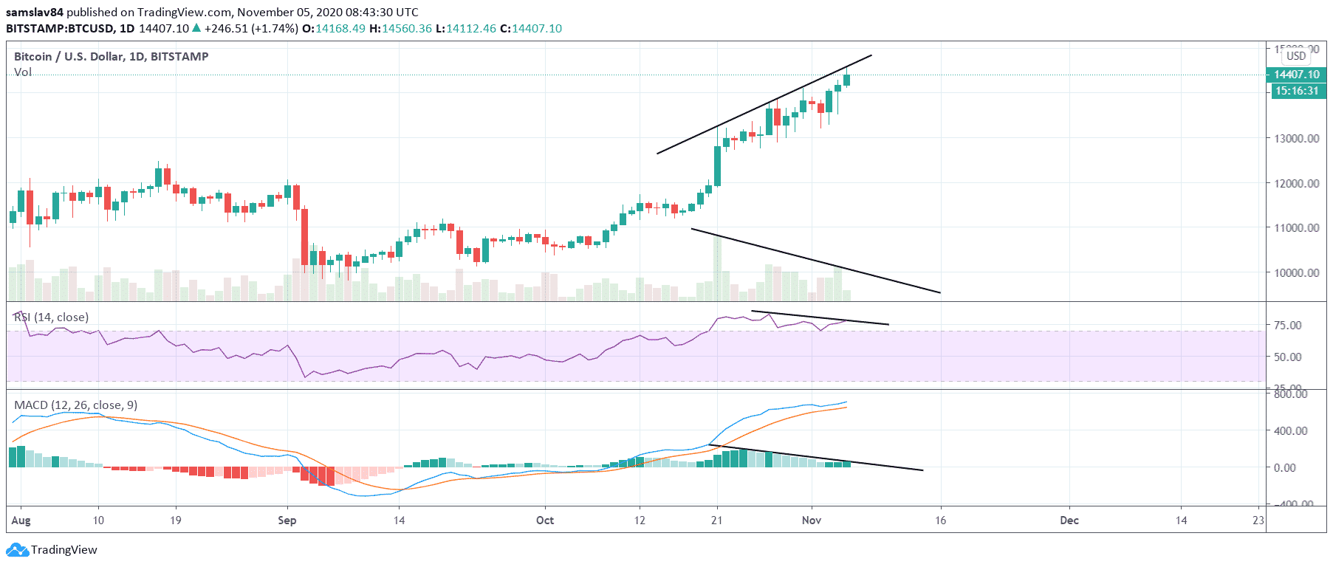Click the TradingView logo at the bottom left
click(x=52, y=550)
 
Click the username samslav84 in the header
click(x=34, y=13)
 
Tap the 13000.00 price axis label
click(x=1297, y=138)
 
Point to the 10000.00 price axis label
click(x=1297, y=272)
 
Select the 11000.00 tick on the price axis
click(x=1297, y=227)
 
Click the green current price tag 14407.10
click(x=1296, y=75)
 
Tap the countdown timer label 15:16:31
click(x=1296, y=91)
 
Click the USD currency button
click(x=1296, y=56)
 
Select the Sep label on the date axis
click(x=287, y=520)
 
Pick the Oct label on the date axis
click(x=545, y=520)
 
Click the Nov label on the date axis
click(x=812, y=520)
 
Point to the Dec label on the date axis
click(x=1069, y=520)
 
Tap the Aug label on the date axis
click(x=21, y=520)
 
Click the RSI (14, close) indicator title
click(x=52, y=317)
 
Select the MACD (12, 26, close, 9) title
click(x=75, y=405)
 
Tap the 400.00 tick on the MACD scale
click(x=1290, y=430)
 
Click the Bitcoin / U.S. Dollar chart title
click(x=111, y=57)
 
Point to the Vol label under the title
click(x=23, y=72)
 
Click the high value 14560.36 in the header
click(x=407, y=29)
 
